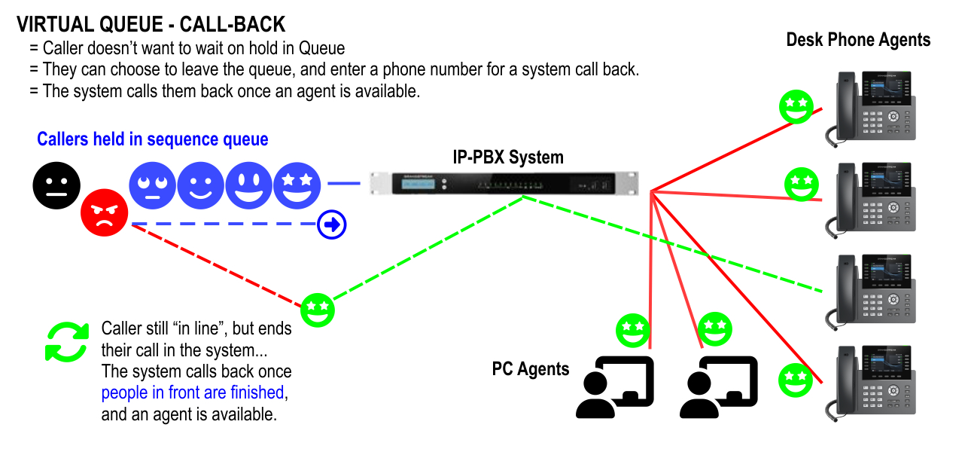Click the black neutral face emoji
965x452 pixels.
56,185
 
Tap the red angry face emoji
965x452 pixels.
104,212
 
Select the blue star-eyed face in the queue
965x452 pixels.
297,185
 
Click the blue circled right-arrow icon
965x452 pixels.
332,224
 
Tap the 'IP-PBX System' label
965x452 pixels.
507,157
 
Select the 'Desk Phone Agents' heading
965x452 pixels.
858,40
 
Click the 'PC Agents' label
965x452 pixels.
531,369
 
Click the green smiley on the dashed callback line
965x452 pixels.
318,310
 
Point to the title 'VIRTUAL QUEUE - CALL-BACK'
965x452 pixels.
151,25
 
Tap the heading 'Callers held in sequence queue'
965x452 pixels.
153,139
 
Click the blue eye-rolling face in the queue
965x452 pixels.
152,185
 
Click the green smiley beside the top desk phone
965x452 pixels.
796,107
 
